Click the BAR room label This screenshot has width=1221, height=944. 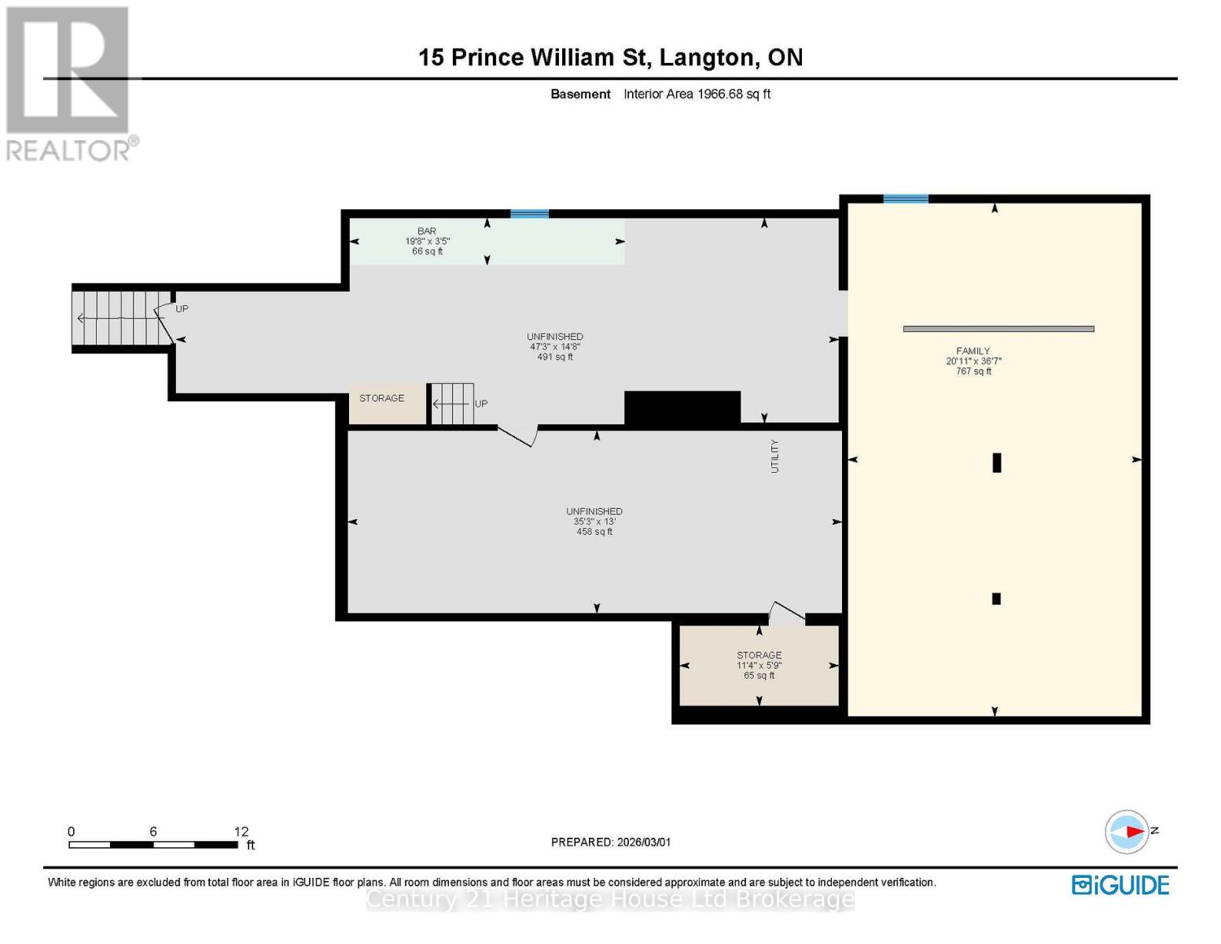pyautogui.click(x=427, y=231)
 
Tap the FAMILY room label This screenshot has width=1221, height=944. pyautogui.click(x=973, y=351)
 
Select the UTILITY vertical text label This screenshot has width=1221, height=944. pyautogui.click(x=774, y=456)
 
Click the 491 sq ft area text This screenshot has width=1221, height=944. pyautogui.click(x=554, y=357)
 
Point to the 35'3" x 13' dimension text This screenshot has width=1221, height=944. pyautogui.click(x=594, y=522)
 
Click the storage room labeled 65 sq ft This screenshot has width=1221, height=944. pyautogui.click(x=759, y=666)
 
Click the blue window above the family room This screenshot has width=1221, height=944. pyautogui.click(x=905, y=199)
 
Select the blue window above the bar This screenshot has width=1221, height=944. pyautogui.click(x=529, y=214)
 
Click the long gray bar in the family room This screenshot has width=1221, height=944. pyautogui.click(x=998, y=329)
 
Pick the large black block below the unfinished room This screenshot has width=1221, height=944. pyautogui.click(x=682, y=407)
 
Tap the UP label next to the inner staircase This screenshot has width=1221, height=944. pyautogui.click(x=481, y=404)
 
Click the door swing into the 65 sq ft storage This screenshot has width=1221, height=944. pyautogui.click(x=786, y=613)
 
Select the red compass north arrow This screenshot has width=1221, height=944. pyautogui.click(x=1133, y=832)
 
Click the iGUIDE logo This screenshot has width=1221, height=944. pyautogui.click(x=1120, y=885)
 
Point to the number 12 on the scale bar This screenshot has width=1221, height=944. pyautogui.click(x=241, y=832)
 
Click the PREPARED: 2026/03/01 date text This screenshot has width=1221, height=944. pyautogui.click(x=611, y=843)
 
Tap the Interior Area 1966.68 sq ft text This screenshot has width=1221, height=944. pyautogui.click(x=697, y=94)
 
